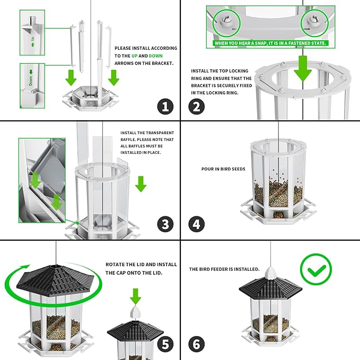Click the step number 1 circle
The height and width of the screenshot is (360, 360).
point(165,107)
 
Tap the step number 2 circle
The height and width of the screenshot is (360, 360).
point(196,107)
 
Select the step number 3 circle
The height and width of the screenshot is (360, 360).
point(165,224)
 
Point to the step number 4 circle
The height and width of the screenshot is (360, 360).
point(196,224)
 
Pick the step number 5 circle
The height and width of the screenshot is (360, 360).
point(165,344)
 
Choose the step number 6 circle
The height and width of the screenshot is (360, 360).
point(196,344)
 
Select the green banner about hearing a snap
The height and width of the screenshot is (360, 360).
point(270,42)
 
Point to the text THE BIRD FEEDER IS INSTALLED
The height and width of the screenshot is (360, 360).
point(224,269)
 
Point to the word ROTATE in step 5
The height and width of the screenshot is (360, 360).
point(116,264)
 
